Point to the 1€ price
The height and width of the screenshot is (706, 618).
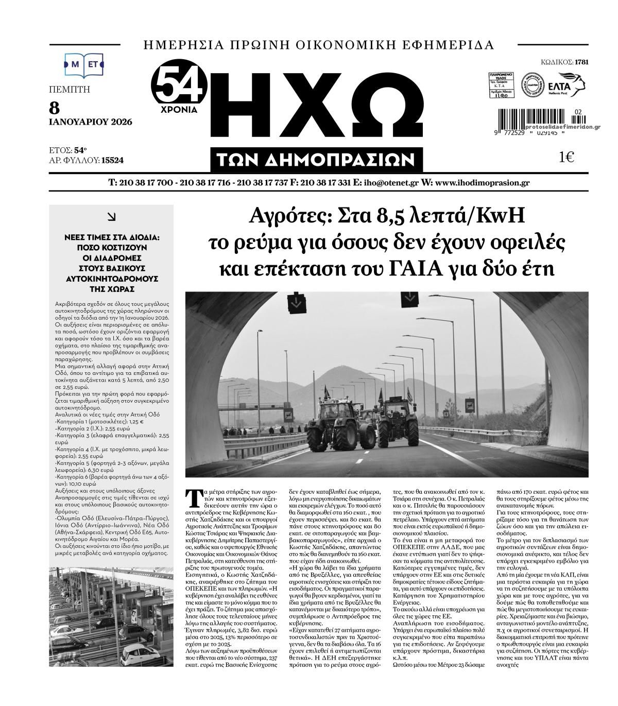(566, 158)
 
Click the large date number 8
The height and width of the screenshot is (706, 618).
(54, 108)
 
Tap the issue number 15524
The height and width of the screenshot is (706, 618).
(112, 160)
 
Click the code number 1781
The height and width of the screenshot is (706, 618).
(581, 62)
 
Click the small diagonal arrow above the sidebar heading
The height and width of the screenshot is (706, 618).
(111, 217)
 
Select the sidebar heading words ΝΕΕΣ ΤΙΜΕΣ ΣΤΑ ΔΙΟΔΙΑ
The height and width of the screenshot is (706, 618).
(111, 238)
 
